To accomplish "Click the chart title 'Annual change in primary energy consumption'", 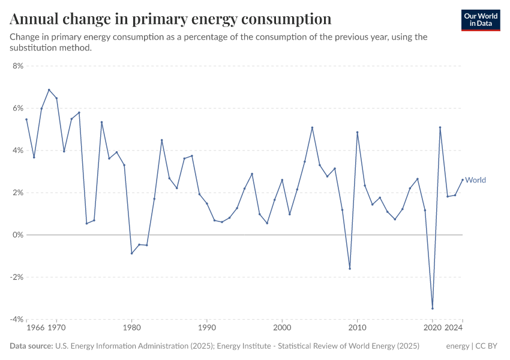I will pyautogui.click(x=171, y=19).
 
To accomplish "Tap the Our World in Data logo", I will pyautogui.click(x=480, y=20).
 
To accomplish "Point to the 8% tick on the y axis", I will pyautogui.click(x=17, y=66).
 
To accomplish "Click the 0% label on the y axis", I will pyautogui.click(x=17, y=235).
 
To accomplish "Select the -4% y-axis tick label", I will pyautogui.click(x=16, y=319).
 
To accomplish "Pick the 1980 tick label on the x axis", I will pyautogui.click(x=131, y=328).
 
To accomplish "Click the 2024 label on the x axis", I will pyautogui.click(x=454, y=328).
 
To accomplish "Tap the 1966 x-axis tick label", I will pyautogui.click(x=35, y=328).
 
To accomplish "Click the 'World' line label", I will pyautogui.click(x=475, y=180).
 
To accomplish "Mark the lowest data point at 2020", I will pyautogui.click(x=433, y=308).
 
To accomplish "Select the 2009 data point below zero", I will pyautogui.click(x=350, y=268).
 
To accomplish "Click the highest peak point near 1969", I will pyautogui.click(x=49, y=90).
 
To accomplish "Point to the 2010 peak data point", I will pyautogui.click(x=358, y=133).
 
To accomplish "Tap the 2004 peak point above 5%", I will pyautogui.click(x=312, y=127).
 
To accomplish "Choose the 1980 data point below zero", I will pyautogui.click(x=131, y=253).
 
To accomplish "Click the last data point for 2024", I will pyautogui.click(x=463, y=179).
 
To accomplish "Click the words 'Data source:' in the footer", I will pyautogui.click(x=31, y=346).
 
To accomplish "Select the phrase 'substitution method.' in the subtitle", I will pyautogui.click(x=50, y=48).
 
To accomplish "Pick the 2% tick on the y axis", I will pyautogui.click(x=17, y=193).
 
